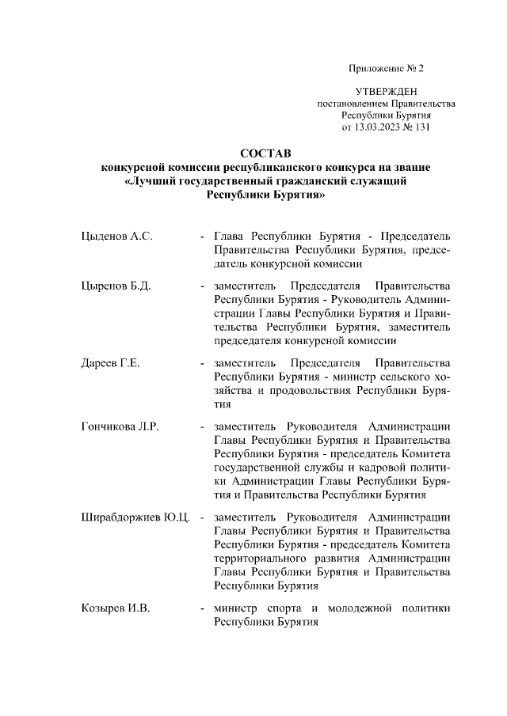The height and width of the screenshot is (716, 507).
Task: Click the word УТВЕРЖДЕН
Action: (386, 93)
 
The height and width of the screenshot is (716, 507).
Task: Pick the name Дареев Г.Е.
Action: (111, 363)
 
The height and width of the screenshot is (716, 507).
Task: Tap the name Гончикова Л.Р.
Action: (120, 427)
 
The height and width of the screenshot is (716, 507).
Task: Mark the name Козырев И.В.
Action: (116, 609)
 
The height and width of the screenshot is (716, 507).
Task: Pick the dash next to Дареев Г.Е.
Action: (204, 363)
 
